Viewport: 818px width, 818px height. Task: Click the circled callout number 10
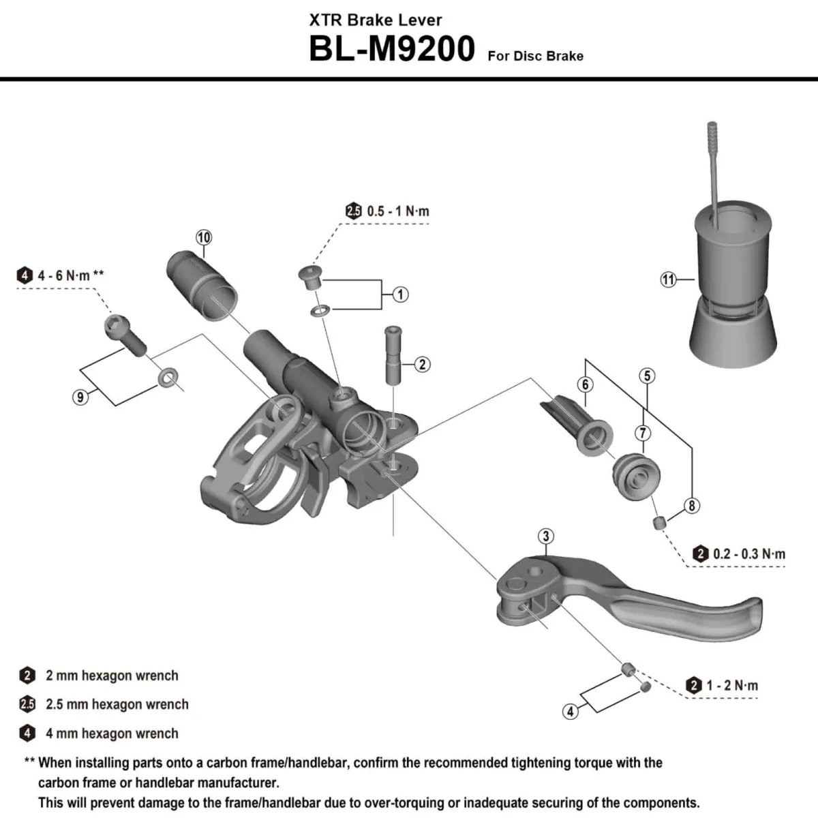click(204, 237)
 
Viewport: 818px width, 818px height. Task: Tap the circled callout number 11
click(668, 279)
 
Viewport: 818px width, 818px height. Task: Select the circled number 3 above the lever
click(546, 536)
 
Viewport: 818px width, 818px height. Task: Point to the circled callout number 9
click(81, 397)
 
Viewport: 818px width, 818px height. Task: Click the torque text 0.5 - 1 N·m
click(397, 211)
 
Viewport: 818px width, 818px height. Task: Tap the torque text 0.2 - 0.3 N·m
click(748, 554)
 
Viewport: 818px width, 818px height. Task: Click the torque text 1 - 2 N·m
click(731, 685)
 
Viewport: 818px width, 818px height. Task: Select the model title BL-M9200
click(391, 49)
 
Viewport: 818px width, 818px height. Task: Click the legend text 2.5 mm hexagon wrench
click(117, 704)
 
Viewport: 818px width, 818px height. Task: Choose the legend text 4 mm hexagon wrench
click(112, 733)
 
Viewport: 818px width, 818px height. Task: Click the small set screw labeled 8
click(659, 523)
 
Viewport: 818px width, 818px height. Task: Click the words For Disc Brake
click(535, 56)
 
